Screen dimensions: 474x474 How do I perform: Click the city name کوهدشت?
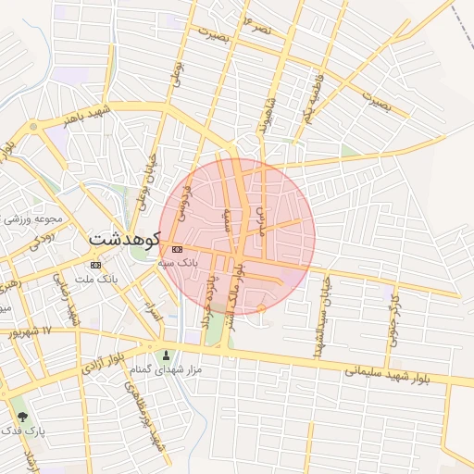[x=125, y=239]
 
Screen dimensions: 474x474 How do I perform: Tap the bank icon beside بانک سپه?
[x=177, y=249]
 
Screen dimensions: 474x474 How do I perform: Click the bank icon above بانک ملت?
[x=96, y=265]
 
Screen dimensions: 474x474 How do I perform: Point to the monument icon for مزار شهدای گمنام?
[x=167, y=355]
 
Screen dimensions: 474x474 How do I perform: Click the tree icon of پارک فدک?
[x=20, y=418]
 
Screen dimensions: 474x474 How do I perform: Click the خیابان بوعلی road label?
[x=143, y=181]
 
